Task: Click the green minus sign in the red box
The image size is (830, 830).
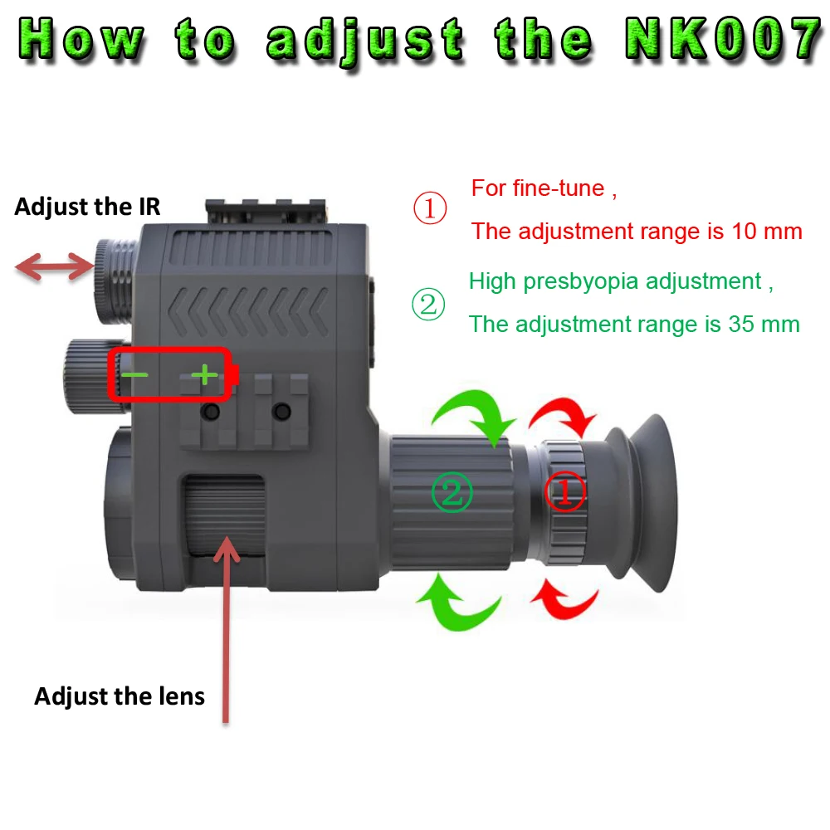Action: (x=134, y=375)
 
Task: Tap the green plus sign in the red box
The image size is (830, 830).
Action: (x=203, y=376)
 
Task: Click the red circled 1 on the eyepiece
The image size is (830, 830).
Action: (x=564, y=492)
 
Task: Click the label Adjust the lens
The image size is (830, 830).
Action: (x=120, y=696)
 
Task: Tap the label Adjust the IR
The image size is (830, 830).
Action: (x=86, y=206)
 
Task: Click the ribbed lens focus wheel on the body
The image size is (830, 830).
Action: (x=224, y=515)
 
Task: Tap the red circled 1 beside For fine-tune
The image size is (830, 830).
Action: (x=430, y=209)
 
